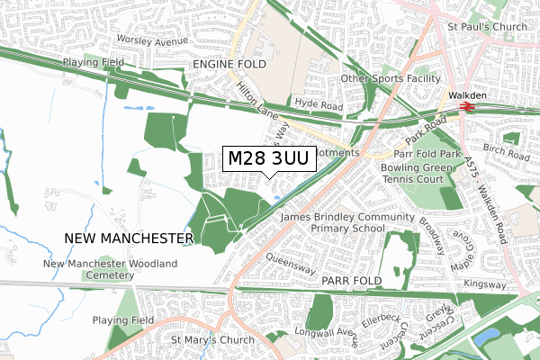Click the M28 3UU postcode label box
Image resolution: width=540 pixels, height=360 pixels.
269,159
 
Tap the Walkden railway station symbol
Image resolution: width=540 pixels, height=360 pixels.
466,106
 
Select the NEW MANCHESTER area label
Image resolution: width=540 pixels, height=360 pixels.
130,238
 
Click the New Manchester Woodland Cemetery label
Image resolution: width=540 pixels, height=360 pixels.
111,270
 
